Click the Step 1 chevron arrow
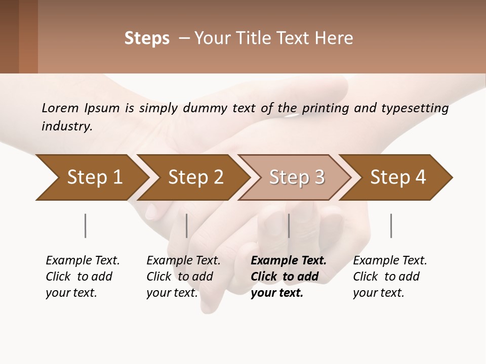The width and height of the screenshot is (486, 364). click(91, 177)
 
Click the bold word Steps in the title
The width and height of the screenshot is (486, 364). click(147, 38)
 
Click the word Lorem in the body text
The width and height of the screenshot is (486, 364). click(60, 108)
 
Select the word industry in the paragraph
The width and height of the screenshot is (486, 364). click(66, 126)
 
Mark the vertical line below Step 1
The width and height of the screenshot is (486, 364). click(85, 225)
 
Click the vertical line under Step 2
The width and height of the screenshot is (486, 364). click(187, 225)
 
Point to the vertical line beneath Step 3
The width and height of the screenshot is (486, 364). click(289, 225)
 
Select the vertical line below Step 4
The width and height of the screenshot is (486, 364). click(391, 225)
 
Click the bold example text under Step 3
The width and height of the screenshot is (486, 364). click(288, 277)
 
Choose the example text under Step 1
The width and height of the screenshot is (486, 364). click(82, 277)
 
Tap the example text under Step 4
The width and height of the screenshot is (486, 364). click(389, 277)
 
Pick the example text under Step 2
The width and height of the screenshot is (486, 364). click(183, 277)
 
